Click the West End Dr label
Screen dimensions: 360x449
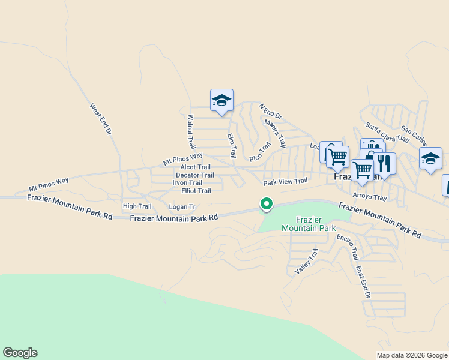pyautogui.click(x=101, y=119)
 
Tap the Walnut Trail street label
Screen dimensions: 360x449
pyautogui.click(x=191, y=132)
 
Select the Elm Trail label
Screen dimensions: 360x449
pyautogui.click(x=232, y=146)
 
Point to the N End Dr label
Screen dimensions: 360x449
pyautogui.click(x=270, y=111)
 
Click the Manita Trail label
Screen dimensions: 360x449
pyautogui.click(x=275, y=133)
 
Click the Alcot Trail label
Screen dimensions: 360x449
pyautogui.click(x=196, y=167)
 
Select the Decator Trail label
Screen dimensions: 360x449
pyautogui.click(x=194, y=175)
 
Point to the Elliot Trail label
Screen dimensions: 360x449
pyautogui.click(x=196, y=191)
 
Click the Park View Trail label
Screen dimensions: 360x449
pyautogui.click(x=285, y=181)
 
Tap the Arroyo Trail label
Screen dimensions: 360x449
pyautogui.click(x=370, y=197)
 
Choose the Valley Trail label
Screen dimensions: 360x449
pyautogui.click(x=306, y=262)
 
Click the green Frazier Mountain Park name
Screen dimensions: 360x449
pyautogui.click(x=309, y=224)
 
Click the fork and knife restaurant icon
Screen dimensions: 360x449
pyautogui.click(x=384, y=163)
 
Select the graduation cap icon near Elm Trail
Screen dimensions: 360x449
pyautogui.click(x=221, y=100)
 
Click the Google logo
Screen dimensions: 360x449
pyautogui.click(x=20, y=353)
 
